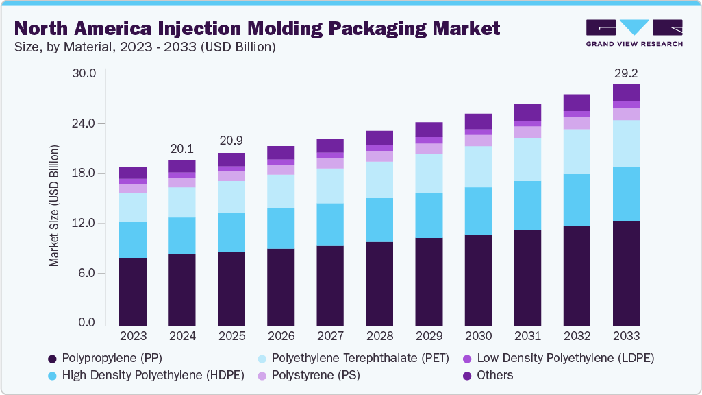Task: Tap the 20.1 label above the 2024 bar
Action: coord(182,148)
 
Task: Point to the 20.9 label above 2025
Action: coord(231,141)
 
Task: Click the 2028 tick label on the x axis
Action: coord(379,336)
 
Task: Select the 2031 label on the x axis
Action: coord(527,336)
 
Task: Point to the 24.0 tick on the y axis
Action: coord(87,123)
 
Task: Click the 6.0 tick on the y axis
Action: coord(90,273)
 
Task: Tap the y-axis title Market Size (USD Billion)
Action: coord(54,206)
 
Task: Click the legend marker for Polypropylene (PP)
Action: coord(52,359)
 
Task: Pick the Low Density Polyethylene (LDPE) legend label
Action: coord(565,358)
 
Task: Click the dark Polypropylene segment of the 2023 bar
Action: coord(133,291)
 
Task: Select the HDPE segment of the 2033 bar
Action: coord(626,194)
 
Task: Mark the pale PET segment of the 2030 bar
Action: coord(478,167)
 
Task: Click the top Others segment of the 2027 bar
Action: coord(330,145)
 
